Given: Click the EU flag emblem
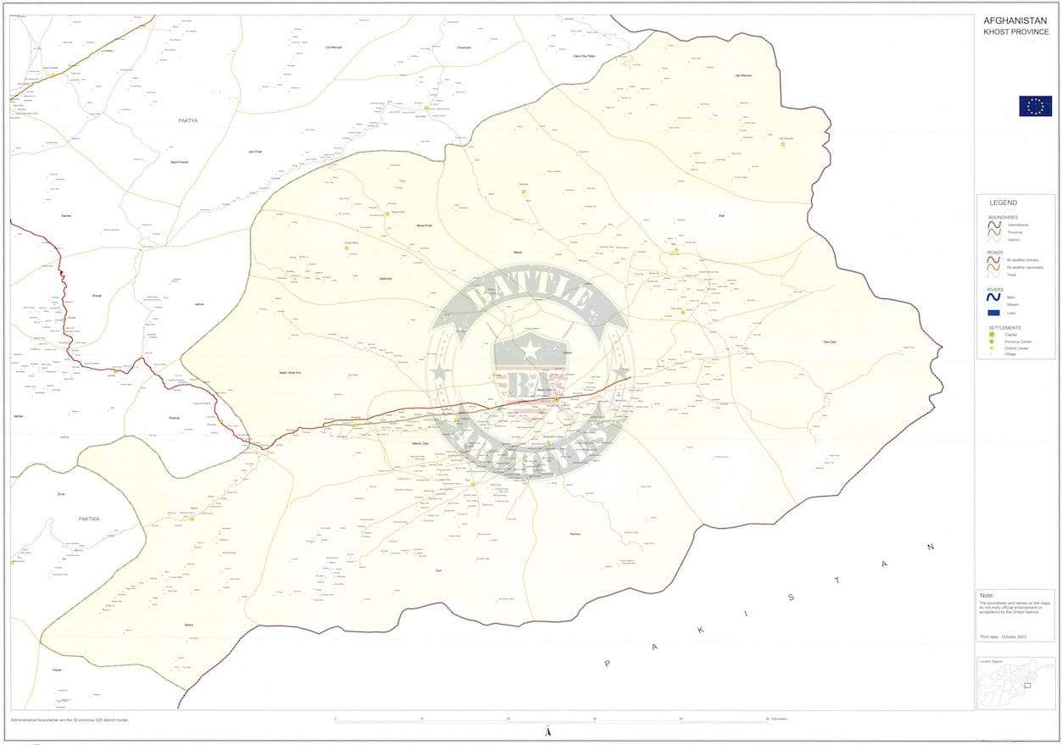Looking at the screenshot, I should pos(1035,106).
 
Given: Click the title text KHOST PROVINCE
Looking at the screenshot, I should pos(1015,32).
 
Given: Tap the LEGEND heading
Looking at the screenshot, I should pos(1004,203).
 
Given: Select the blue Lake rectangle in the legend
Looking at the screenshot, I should pos(993,313).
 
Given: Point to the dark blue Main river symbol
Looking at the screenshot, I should pos(993,297).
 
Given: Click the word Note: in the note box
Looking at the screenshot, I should pos(987,595).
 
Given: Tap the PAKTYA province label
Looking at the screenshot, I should pos(187,120).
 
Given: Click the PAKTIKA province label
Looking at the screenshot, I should pos(89,518).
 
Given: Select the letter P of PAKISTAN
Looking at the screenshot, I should pos(607,664).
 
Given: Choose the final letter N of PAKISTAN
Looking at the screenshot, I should pos(931,547).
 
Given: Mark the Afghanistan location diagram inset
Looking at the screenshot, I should pos(1015,683).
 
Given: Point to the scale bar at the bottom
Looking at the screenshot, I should pos(551,720).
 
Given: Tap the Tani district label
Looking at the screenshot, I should pos(438,570).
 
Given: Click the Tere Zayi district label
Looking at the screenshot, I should pos(829,341).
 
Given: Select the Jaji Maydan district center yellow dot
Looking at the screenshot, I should pos(783,144).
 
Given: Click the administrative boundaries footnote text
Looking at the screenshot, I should pos(70,720).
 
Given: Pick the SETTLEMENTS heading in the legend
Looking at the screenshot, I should pos(1004,327).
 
